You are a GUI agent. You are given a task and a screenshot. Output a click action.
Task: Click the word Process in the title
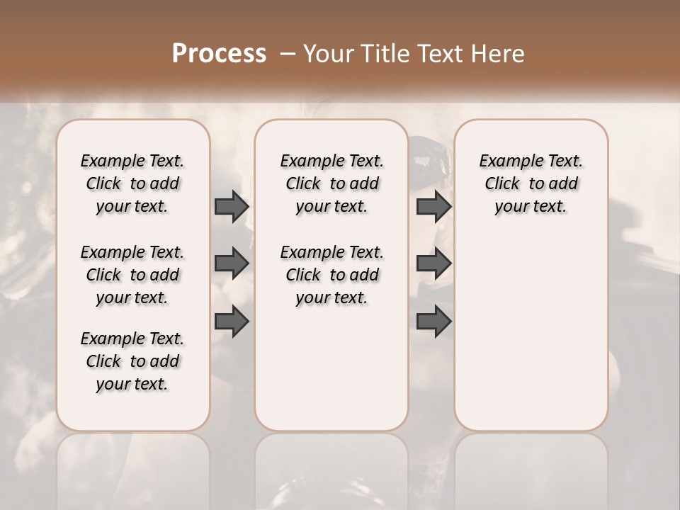click(x=219, y=54)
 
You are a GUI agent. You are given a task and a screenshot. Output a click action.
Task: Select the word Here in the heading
click(x=499, y=54)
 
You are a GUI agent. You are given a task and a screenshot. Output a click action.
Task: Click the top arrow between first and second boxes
click(x=232, y=206)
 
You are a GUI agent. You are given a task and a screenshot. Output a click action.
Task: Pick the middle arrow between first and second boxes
click(x=232, y=264)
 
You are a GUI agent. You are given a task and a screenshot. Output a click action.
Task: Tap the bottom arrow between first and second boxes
click(x=232, y=322)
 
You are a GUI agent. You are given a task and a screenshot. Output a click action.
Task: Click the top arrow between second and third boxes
click(x=433, y=206)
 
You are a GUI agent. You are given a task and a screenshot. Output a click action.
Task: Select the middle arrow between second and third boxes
click(x=433, y=264)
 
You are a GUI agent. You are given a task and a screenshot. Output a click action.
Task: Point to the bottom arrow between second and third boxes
click(x=433, y=322)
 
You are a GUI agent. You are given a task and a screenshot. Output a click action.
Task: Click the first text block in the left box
click(x=132, y=183)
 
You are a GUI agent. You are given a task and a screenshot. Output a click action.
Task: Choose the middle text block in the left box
click(x=132, y=275)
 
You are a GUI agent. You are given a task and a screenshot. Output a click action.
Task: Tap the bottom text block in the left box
click(x=132, y=361)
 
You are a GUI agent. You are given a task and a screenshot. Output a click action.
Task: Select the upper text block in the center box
click(x=331, y=183)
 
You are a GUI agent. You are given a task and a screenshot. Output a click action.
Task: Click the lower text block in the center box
click(x=331, y=275)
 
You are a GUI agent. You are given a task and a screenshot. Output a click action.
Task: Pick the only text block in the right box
click(x=531, y=183)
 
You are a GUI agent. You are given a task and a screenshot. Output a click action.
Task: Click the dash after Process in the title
click(x=287, y=54)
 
